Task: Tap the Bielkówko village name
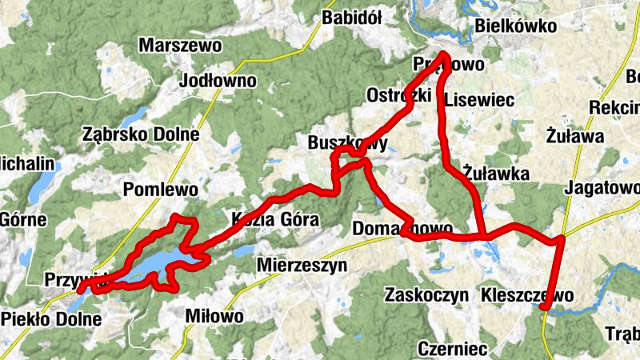tap(515, 26)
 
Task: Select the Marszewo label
tap(179, 46)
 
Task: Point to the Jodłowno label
tap(218, 81)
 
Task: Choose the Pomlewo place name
tap(161, 190)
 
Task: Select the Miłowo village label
tap(214, 316)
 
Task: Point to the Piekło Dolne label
tap(52, 320)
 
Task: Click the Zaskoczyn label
tap(426, 295)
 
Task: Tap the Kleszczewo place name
tap(527, 295)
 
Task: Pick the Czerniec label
tap(453, 350)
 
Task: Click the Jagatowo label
tap(602, 189)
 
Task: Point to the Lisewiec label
tap(478, 99)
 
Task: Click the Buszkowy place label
tap(347, 144)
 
